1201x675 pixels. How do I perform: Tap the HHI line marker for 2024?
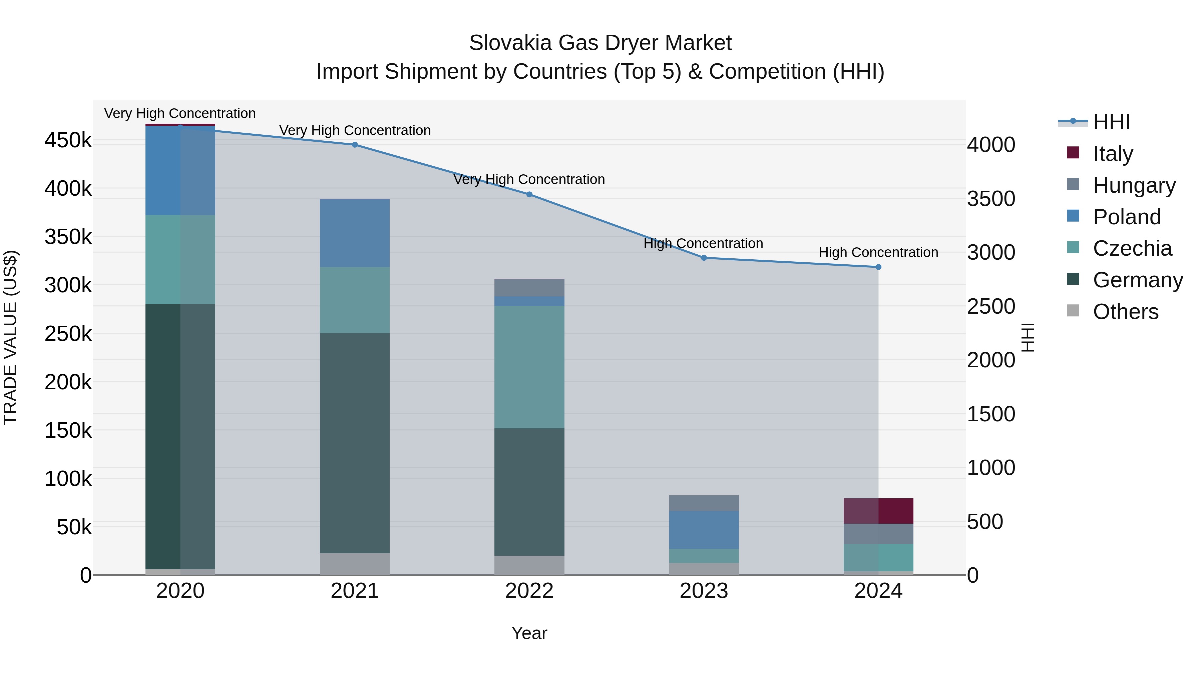tap(878, 267)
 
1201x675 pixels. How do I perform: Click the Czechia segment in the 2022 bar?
tap(529, 367)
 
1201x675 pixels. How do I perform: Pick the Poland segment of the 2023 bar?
tap(704, 530)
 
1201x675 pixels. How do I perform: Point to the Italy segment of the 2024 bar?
tap(878, 511)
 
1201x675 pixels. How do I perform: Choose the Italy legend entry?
tap(1112, 154)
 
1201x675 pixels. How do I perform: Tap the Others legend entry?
tap(1125, 312)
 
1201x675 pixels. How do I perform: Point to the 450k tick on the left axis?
tap(68, 140)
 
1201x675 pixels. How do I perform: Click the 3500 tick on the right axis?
tap(991, 199)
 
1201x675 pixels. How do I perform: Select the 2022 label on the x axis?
tap(529, 591)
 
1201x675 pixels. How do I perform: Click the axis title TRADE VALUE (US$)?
tap(10, 337)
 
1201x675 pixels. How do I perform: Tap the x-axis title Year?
tap(529, 633)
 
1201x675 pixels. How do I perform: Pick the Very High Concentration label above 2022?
tap(529, 179)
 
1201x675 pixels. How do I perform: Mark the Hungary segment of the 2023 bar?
tap(704, 503)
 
